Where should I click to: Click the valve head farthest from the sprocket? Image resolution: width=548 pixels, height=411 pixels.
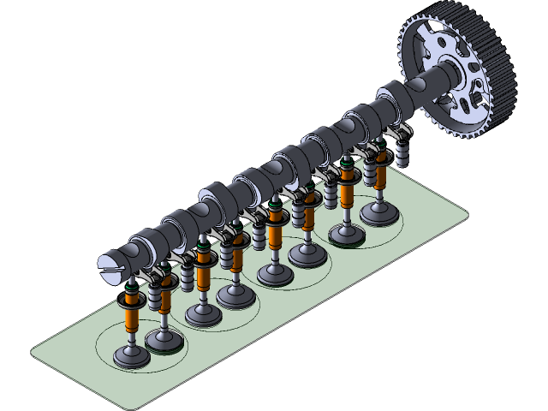point(132,358)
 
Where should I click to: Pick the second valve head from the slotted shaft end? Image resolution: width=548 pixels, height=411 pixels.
point(163,341)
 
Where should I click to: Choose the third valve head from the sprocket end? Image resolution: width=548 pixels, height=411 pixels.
point(306,253)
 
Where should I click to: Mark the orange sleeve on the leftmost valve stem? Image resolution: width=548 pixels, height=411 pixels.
point(131,318)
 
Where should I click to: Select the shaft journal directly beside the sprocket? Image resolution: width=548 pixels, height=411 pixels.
point(402,96)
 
